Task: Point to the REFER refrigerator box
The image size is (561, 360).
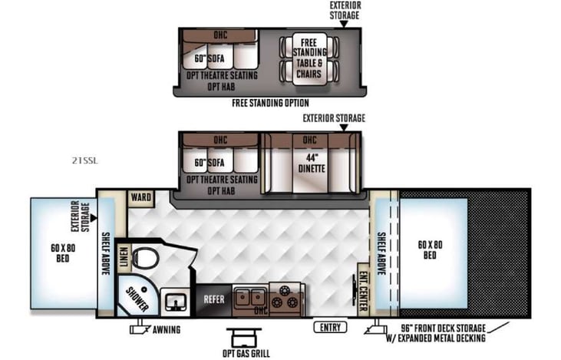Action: (213, 298)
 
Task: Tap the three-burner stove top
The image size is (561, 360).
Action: (288, 296)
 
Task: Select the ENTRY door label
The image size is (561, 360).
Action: (331, 327)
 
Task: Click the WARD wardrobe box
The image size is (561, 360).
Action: (140, 197)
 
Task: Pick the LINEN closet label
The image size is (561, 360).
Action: (122, 257)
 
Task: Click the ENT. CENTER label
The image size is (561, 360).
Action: (363, 289)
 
